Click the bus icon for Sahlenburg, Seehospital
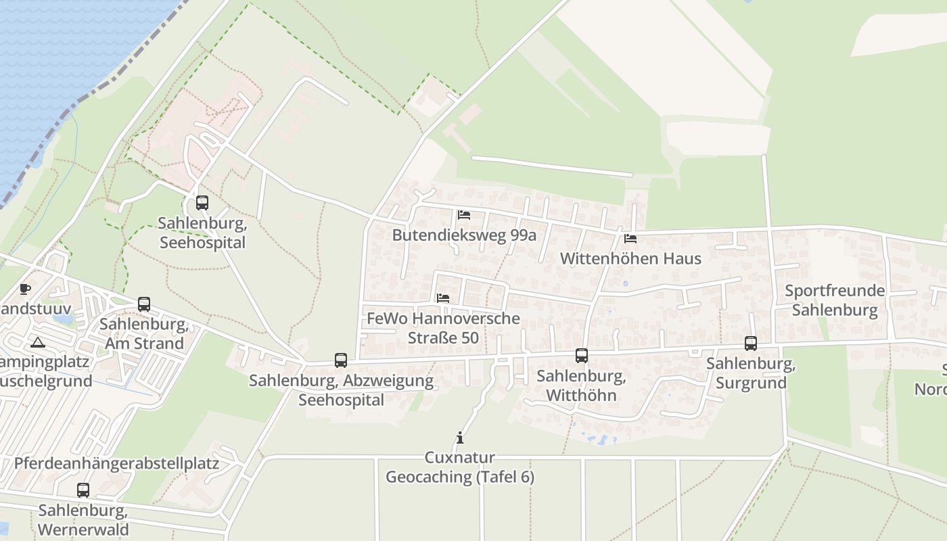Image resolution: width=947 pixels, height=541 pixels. pyautogui.click(x=202, y=202)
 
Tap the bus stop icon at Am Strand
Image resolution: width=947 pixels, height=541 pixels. pyautogui.click(x=143, y=304)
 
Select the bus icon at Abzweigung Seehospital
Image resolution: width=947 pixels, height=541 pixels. pyautogui.click(x=341, y=360)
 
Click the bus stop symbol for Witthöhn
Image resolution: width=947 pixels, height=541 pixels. pyautogui.click(x=581, y=356)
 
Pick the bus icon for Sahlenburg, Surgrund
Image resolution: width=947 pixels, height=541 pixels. pyautogui.click(x=751, y=344)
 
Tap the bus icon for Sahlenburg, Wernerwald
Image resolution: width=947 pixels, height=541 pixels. pyautogui.click(x=83, y=490)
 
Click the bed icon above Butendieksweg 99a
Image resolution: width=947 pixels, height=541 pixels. pyautogui.click(x=464, y=215)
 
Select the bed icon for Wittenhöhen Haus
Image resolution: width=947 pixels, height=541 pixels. pyautogui.click(x=630, y=239)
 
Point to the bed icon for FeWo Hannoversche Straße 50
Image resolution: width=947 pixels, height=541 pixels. pyautogui.click(x=443, y=298)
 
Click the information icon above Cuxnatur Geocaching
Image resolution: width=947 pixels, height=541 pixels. pyautogui.click(x=460, y=438)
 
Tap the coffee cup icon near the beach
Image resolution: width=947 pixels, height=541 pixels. pyautogui.click(x=25, y=289)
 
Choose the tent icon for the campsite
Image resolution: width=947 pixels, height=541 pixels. pyautogui.click(x=37, y=342)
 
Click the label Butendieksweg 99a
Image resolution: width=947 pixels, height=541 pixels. pyautogui.click(x=464, y=235)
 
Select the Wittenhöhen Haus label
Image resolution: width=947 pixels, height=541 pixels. pyautogui.click(x=630, y=258)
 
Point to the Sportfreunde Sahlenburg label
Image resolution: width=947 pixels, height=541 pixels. pyautogui.click(x=835, y=300)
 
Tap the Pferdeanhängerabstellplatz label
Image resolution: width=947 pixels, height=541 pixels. pyautogui.click(x=116, y=464)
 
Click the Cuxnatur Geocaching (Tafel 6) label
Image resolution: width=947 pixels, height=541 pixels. pyautogui.click(x=460, y=467)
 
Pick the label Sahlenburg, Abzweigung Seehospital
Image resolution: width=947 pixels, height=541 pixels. pyautogui.click(x=341, y=390)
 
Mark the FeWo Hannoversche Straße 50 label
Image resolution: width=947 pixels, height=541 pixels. pyautogui.click(x=443, y=327)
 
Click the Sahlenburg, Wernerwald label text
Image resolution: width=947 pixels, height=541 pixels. pyautogui.click(x=83, y=519)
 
